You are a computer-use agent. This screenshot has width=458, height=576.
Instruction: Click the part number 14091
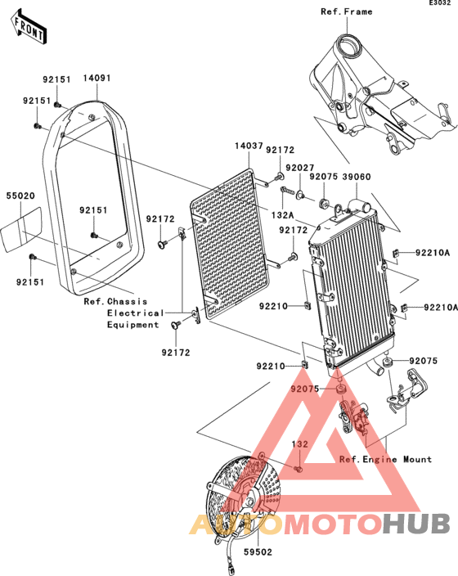point(97,79)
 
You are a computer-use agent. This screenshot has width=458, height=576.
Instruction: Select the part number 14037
point(249,146)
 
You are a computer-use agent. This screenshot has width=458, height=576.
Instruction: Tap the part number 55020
point(20,197)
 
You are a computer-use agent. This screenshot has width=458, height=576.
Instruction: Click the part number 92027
point(299,168)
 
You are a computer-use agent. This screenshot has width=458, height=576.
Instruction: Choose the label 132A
point(283,214)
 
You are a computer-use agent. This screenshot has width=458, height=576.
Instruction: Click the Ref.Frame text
point(347,12)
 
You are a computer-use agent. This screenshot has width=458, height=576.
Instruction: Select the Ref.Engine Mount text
point(385,459)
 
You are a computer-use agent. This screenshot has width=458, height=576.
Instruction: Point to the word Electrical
point(135,313)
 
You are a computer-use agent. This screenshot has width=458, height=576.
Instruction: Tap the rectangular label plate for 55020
point(22,231)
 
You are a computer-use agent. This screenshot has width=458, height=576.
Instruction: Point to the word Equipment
point(132,325)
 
